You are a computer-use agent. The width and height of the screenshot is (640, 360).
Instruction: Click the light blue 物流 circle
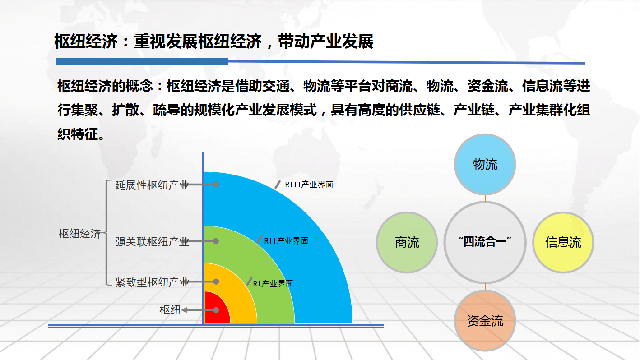[485, 165]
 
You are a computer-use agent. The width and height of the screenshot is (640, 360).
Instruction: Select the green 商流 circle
[407, 242]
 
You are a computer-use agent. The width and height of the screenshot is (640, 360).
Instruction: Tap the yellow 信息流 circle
[563, 242]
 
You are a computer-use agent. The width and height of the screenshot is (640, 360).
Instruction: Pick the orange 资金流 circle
[485, 321]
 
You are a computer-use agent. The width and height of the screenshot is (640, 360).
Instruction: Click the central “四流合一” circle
[485, 242]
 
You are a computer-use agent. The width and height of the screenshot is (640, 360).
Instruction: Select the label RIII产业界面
[309, 185]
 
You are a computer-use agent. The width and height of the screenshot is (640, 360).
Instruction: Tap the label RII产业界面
[286, 241]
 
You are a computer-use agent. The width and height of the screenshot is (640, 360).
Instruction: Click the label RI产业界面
[273, 284]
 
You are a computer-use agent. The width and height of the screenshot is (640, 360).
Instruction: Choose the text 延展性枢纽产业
[152, 185]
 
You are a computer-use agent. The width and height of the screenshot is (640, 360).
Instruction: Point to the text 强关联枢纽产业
[152, 241]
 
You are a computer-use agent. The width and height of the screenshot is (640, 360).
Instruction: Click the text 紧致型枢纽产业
[152, 282]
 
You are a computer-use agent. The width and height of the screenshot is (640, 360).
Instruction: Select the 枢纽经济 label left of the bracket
[80, 234]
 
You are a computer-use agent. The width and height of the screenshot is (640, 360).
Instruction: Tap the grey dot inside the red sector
[216, 310]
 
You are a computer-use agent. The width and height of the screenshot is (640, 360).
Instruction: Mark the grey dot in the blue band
[216, 185]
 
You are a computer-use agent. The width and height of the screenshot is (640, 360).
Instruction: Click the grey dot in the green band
[216, 241]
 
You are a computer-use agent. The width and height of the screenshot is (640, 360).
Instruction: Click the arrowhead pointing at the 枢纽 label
[184, 310]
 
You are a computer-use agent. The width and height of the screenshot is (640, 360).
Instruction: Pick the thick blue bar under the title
[142, 61]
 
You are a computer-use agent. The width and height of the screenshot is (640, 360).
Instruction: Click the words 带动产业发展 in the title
[325, 42]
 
